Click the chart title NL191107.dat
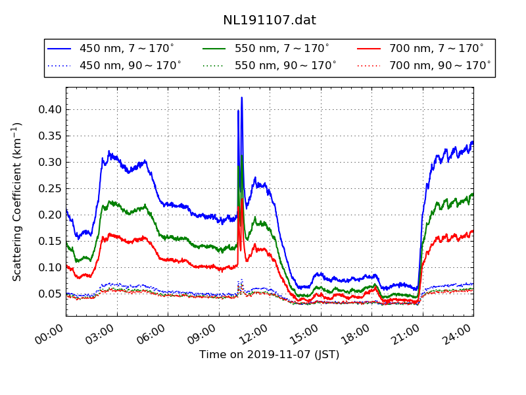coord(270,20)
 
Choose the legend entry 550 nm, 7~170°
coord(282,49)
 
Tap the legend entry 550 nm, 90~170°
coord(285,65)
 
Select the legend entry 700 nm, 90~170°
coord(440,65)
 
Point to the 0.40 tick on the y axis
coord(50,109)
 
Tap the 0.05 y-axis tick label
coord(50,294)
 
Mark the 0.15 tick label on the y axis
coord(50,241)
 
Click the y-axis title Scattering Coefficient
coord(17,201)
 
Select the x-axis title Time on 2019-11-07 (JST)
coord(270,355)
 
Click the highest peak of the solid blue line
coord(242,97)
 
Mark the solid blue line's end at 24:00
coord(473,142)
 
